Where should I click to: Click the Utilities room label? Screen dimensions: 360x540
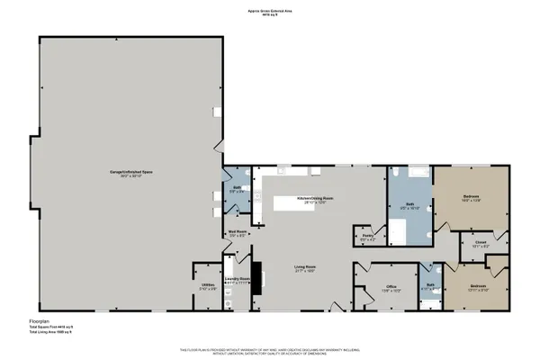(x=207, y=287)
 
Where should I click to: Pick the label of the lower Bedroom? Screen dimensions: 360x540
(x=479, y=288)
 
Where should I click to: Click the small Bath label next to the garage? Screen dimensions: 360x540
(x=235, y=189)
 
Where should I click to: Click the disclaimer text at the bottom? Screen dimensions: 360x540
(x=270, y=351)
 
